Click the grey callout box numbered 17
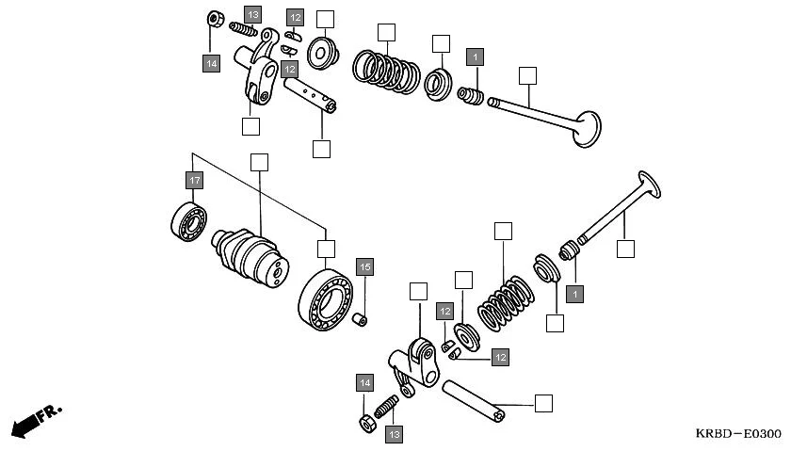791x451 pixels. (x=194, y=180)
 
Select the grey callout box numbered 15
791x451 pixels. (x=364, y=267)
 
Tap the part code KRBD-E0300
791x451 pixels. (x=737, y=434)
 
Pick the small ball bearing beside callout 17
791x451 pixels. (x=189, y=220)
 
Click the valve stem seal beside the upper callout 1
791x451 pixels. (x=470, y=96)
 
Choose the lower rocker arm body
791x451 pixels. (x=412, y=363)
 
